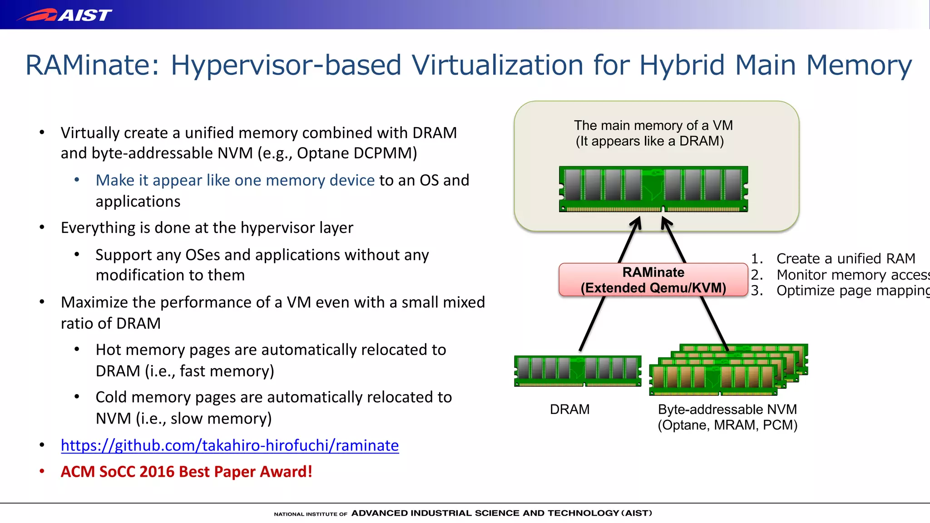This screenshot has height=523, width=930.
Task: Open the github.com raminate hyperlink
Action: coord(230,445)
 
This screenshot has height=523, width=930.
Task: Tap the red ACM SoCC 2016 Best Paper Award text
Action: coord(186,472)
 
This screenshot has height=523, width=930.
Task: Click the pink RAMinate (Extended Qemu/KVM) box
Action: coord(653,280)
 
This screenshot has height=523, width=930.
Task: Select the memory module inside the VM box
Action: coord(653,189)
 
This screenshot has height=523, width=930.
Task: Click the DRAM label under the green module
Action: coord(569,410)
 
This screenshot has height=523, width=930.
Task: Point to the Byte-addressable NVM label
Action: coord(727,410)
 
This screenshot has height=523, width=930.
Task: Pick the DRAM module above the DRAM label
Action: coord(578,371)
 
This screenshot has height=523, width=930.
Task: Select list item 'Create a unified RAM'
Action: coord(845,258)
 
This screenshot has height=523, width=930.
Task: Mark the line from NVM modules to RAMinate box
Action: coord(714,323)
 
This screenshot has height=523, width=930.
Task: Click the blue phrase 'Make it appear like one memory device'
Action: coord(235,180)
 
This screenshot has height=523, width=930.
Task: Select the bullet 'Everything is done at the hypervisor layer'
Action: coord(207,227)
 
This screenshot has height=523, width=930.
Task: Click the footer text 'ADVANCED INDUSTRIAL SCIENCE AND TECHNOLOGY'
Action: coord(485,513)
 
